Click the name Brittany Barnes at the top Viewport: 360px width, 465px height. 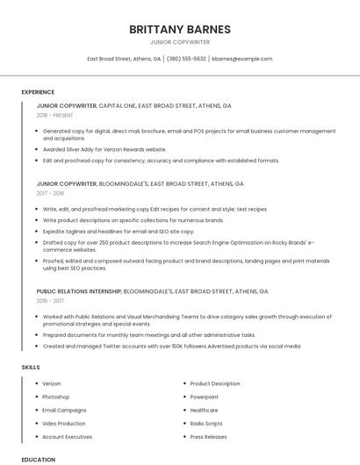coord(180,29)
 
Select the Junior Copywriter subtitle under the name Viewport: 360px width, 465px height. coord(180,41)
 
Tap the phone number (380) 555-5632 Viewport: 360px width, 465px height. coord(186,59)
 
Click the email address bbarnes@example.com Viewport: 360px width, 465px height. coord(242,59)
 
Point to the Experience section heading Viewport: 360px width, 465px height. coord(38,92)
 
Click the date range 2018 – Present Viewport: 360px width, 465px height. coord(54,115)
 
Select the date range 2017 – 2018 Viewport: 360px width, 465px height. coord(51,193)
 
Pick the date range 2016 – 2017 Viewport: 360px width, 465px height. coord(51,300)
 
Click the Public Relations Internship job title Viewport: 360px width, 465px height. coord(79,290)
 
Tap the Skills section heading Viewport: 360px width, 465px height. coord(31,366)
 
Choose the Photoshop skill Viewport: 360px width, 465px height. coord(55,397)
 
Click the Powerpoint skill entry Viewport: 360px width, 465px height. coord(204,397)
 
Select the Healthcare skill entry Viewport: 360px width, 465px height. coord(204,410)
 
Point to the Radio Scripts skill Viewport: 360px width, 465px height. coord(206,423)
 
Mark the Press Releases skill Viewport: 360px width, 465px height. coord(208,436)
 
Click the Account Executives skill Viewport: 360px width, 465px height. coord(67,436)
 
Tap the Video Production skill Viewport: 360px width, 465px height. coord(64,423)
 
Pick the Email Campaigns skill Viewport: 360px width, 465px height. coord(64,410)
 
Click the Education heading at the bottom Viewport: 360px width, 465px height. coord(38,459)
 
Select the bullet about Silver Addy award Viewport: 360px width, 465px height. coord(104,149)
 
